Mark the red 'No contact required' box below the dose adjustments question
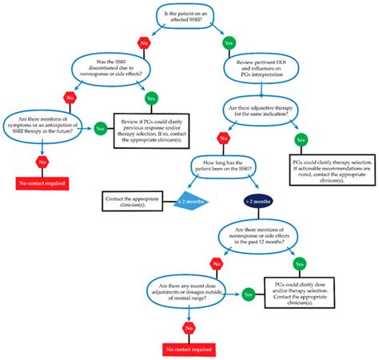[189, 349]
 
